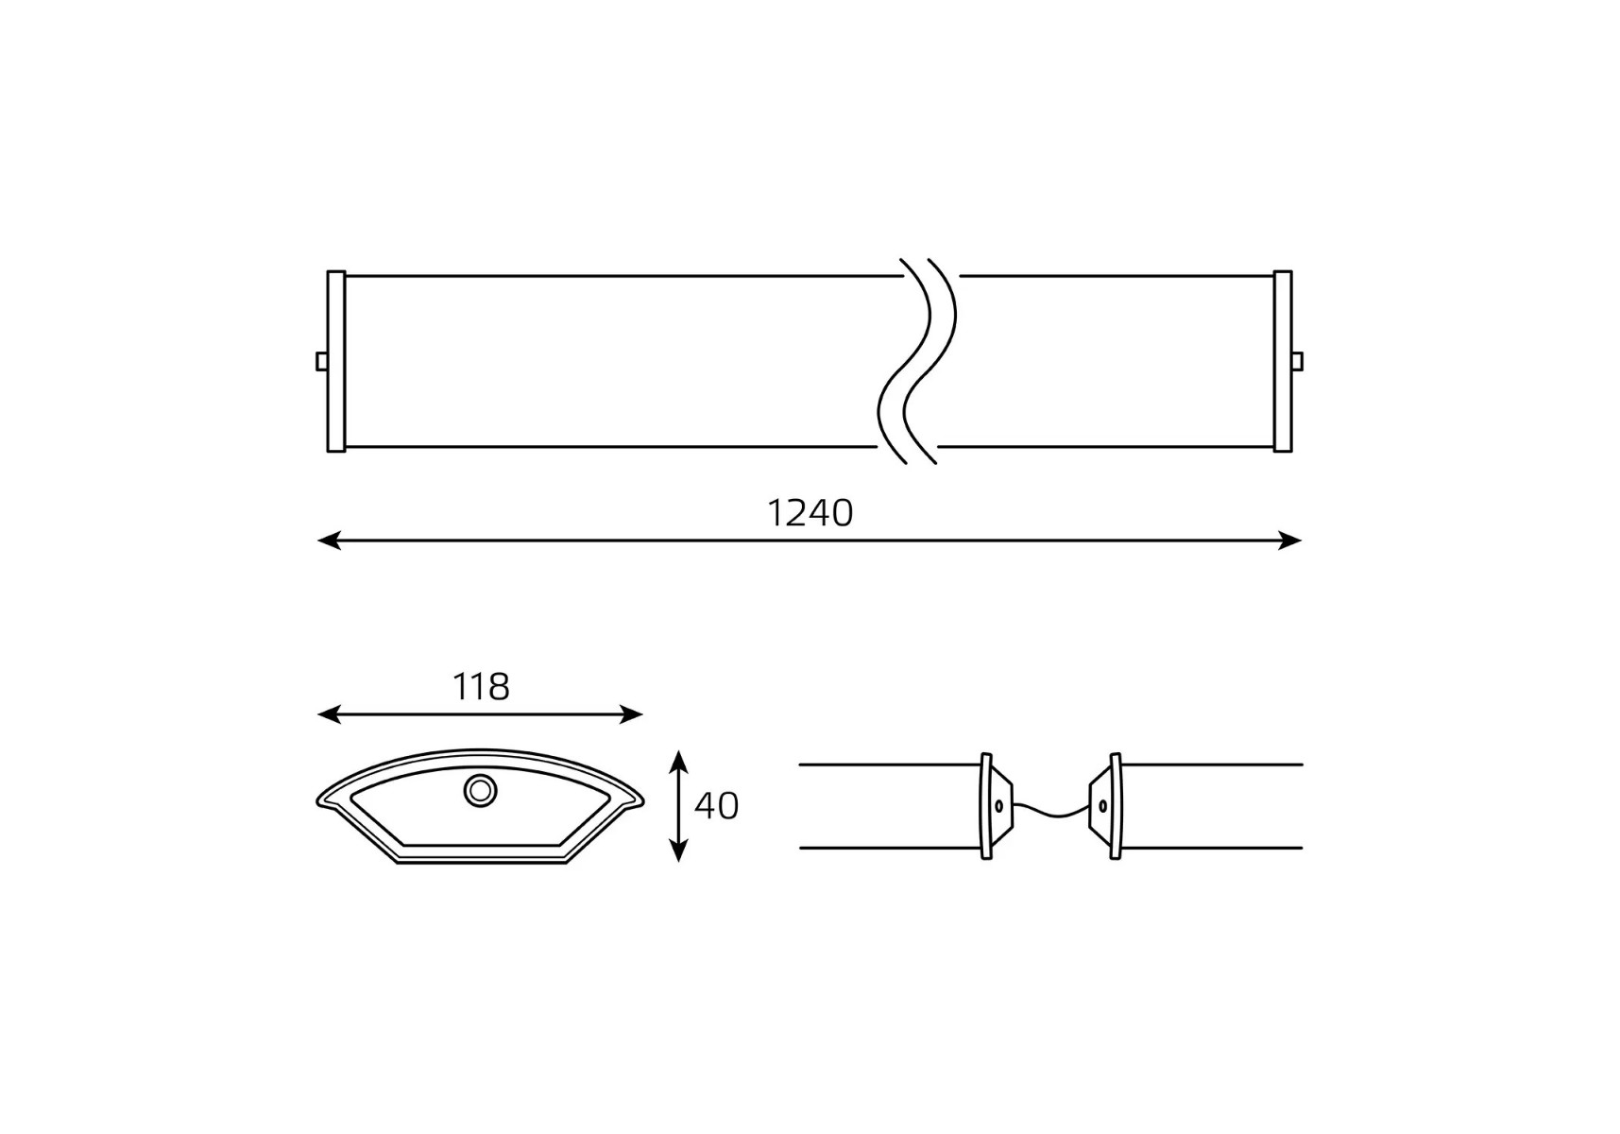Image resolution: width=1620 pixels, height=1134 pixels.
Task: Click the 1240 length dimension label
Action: point(810,513)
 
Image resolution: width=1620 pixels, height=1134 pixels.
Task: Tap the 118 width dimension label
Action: point(481,687)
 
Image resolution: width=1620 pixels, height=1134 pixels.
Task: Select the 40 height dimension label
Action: point(716,806)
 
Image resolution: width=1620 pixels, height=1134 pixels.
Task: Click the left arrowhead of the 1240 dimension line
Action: point(329,541)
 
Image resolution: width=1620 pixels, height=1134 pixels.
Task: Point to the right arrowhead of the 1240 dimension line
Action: point(1290,541)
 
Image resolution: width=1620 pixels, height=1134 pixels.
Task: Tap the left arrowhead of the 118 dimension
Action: point(329,714)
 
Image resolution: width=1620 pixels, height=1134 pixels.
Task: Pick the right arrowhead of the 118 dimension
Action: point(632,714)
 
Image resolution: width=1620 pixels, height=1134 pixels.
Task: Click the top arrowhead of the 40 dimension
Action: point(677,762)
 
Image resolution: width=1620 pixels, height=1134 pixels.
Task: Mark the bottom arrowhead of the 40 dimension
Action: point(677,850)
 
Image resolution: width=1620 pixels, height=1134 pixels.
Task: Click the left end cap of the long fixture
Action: point(336,362)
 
